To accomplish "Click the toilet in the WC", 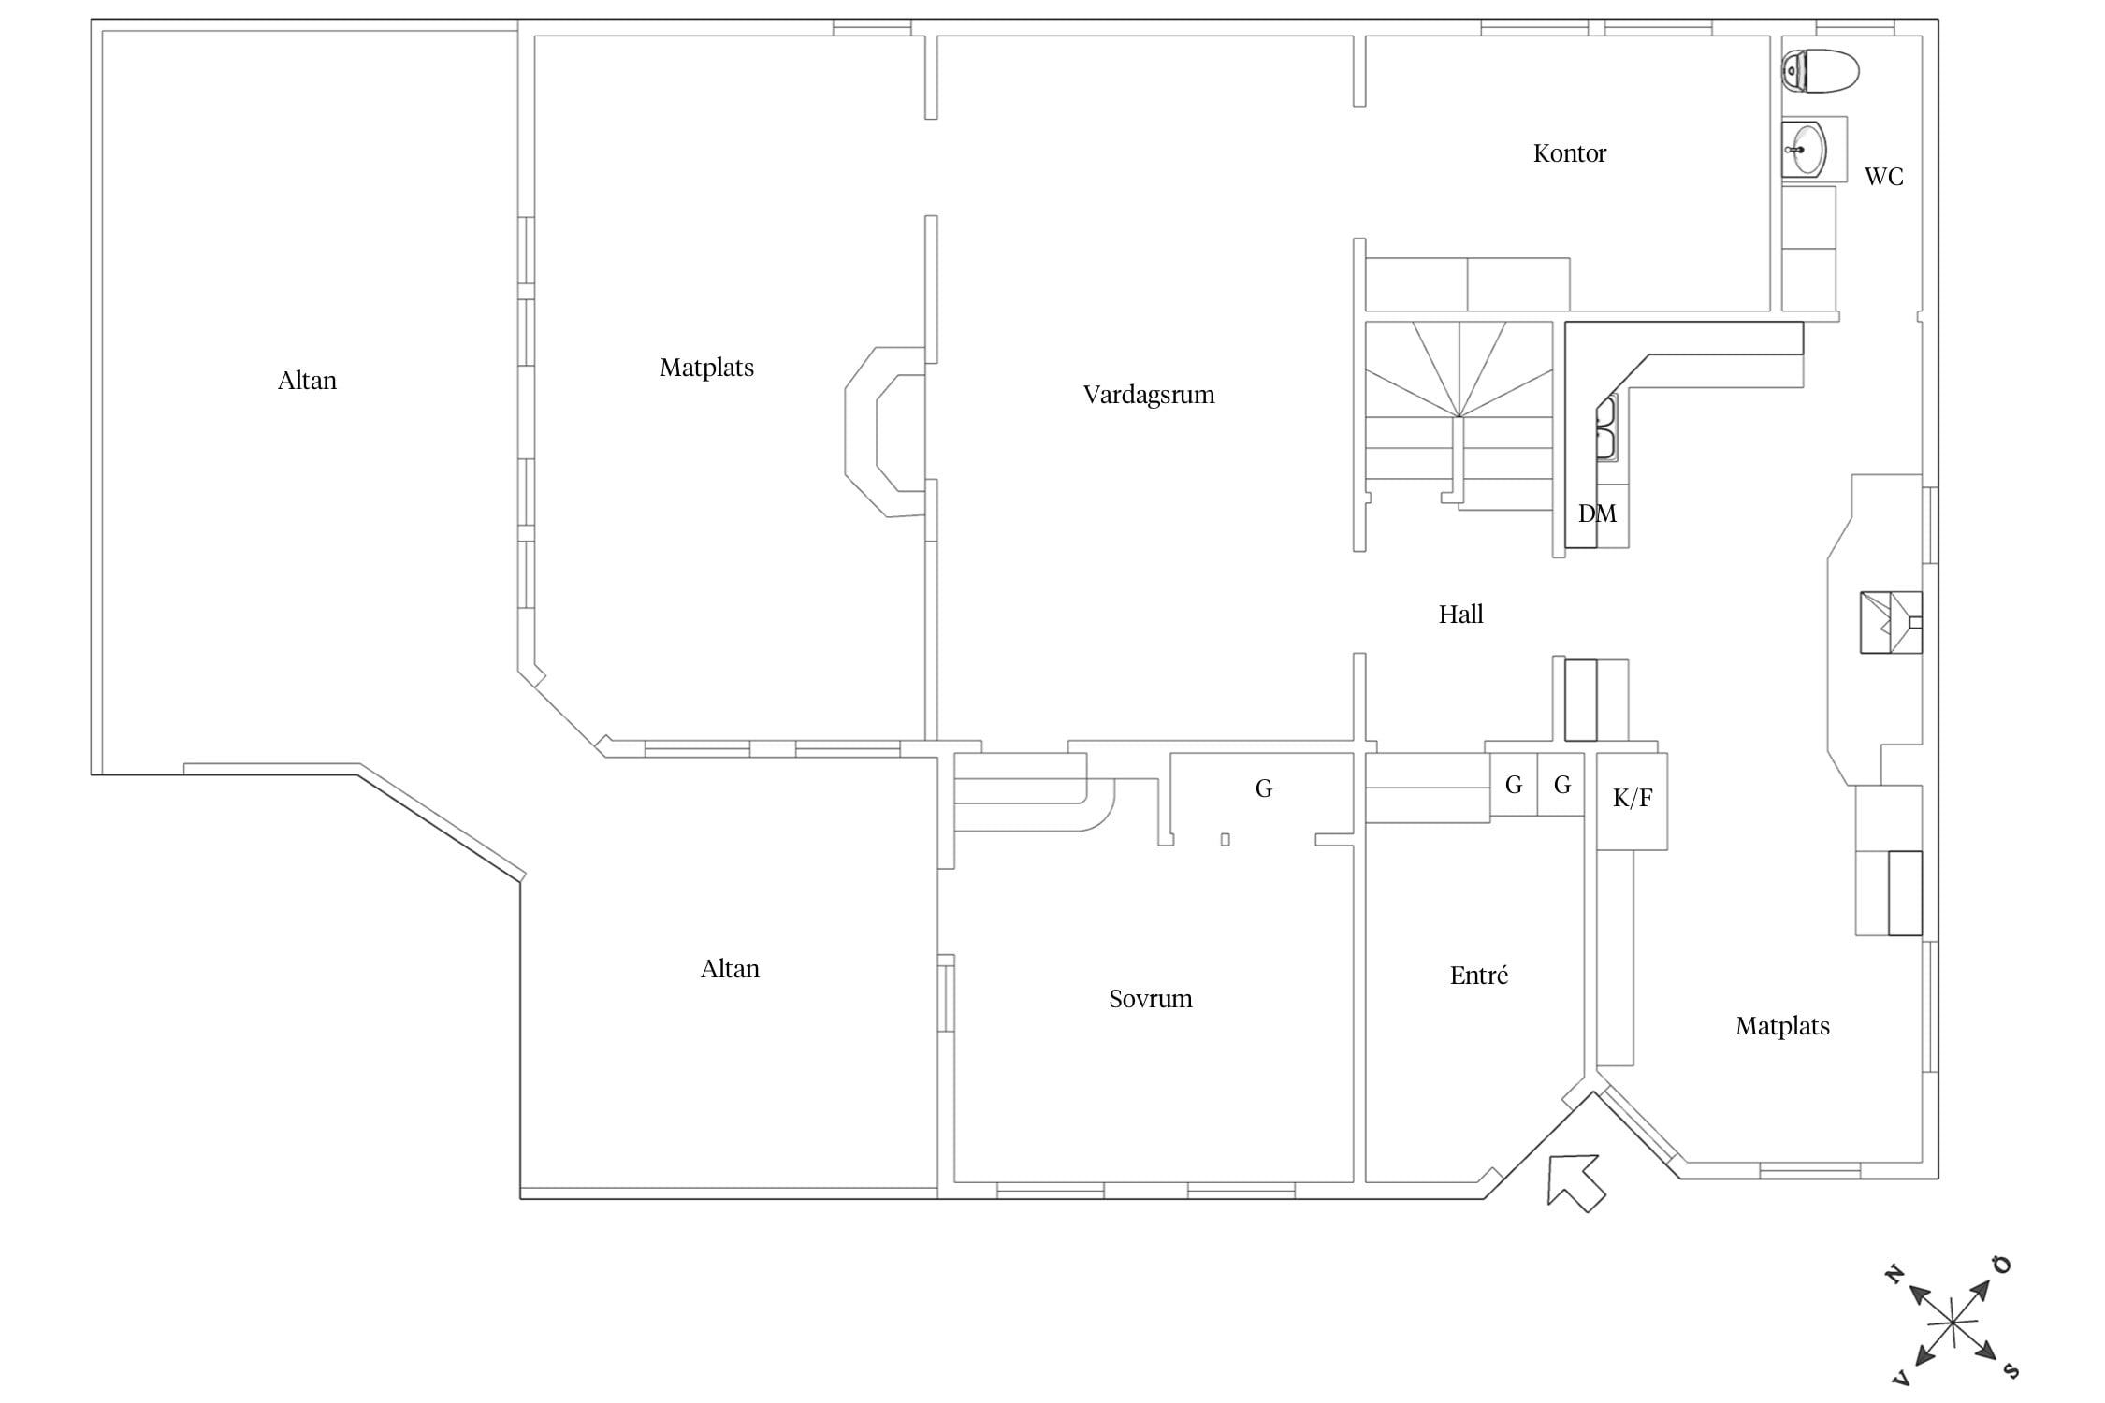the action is pyautogui.click(x=1820, y=71).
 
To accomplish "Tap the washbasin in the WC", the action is pyautogui.click(x=1804, y=150).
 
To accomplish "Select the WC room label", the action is pyautogui.click(x=1883, y=177).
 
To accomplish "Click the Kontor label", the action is pyautogui.click(x=1569, y=153).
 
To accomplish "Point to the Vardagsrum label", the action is pyautogui.click(x=1149, y=395).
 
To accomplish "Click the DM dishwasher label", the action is pyautogui.click(x=1597, y=513).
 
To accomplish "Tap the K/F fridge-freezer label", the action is pyautogui.click(x=1633, y=798).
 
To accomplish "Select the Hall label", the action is pyautogui.click(x=1460, y=615).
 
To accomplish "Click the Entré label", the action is pyautogui.click(x=1478, y=976).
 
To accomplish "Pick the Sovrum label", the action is pyautogui.click(x=1150, y=999).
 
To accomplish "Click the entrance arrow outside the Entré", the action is pyautogui.click(x=1576, y=1182).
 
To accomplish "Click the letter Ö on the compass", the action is pyautogui.click(x=2001, y=1266).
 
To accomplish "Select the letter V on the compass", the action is pyautogui.click(x=1900, y=1379).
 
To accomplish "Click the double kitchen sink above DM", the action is pyautogui.click(x=1607, y=428).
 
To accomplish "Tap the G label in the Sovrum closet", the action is pyautogui.click(x=1264, y=789).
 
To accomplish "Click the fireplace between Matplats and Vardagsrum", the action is pyautogui.click(x=885, y=432).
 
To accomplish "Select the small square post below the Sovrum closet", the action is pyautogui.click(x=1226, y=840).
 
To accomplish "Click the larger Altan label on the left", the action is pyautogui.click(x=307, y=381).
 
